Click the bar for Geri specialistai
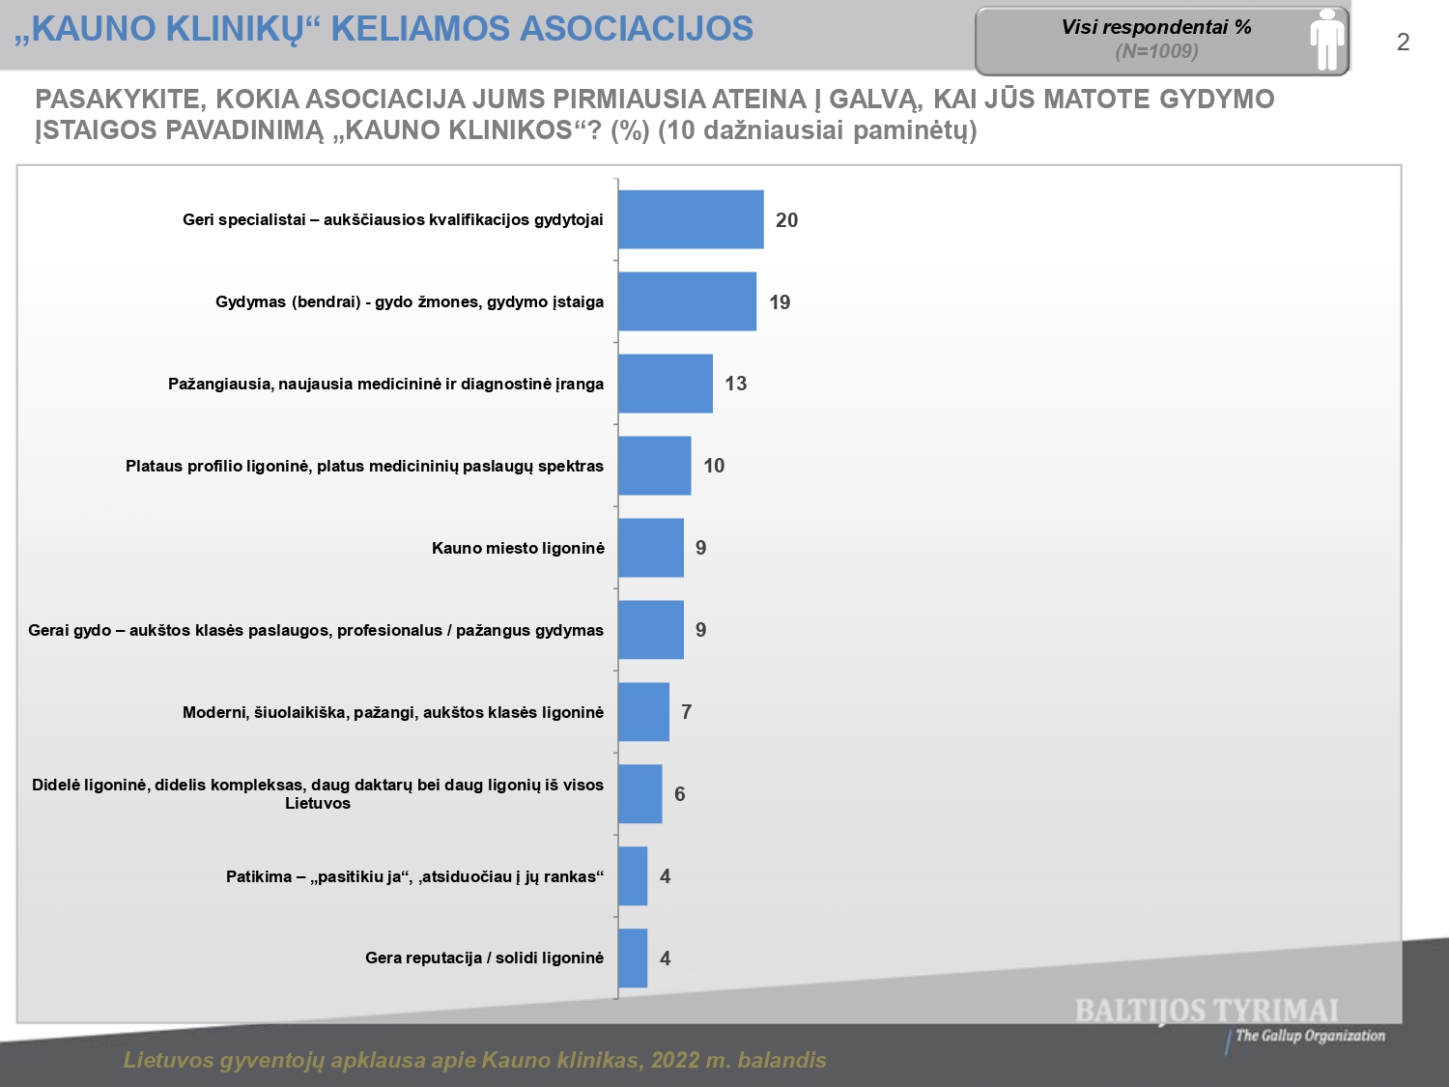click(691, 219)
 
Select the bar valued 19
click(687, 301)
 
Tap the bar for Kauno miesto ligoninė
click(651, 548)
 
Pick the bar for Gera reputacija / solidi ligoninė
click(633, 958)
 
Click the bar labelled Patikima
click(633, 876)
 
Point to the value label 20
click(786, 220)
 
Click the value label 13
click(735, 384)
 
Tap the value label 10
click(714, 466)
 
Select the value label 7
click(686, 712)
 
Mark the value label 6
click(679, 794)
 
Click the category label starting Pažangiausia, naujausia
click(385, 384)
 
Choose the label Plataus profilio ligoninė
click(364, 466)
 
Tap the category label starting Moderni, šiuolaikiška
click(393, 712)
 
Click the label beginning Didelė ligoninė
click(318, 793)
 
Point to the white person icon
click(1327, 40)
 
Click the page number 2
click(1403, 43)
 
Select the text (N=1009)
click(1156, 52)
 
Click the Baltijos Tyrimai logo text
click(1207, 1011)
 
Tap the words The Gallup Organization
click(1310, 1036)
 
